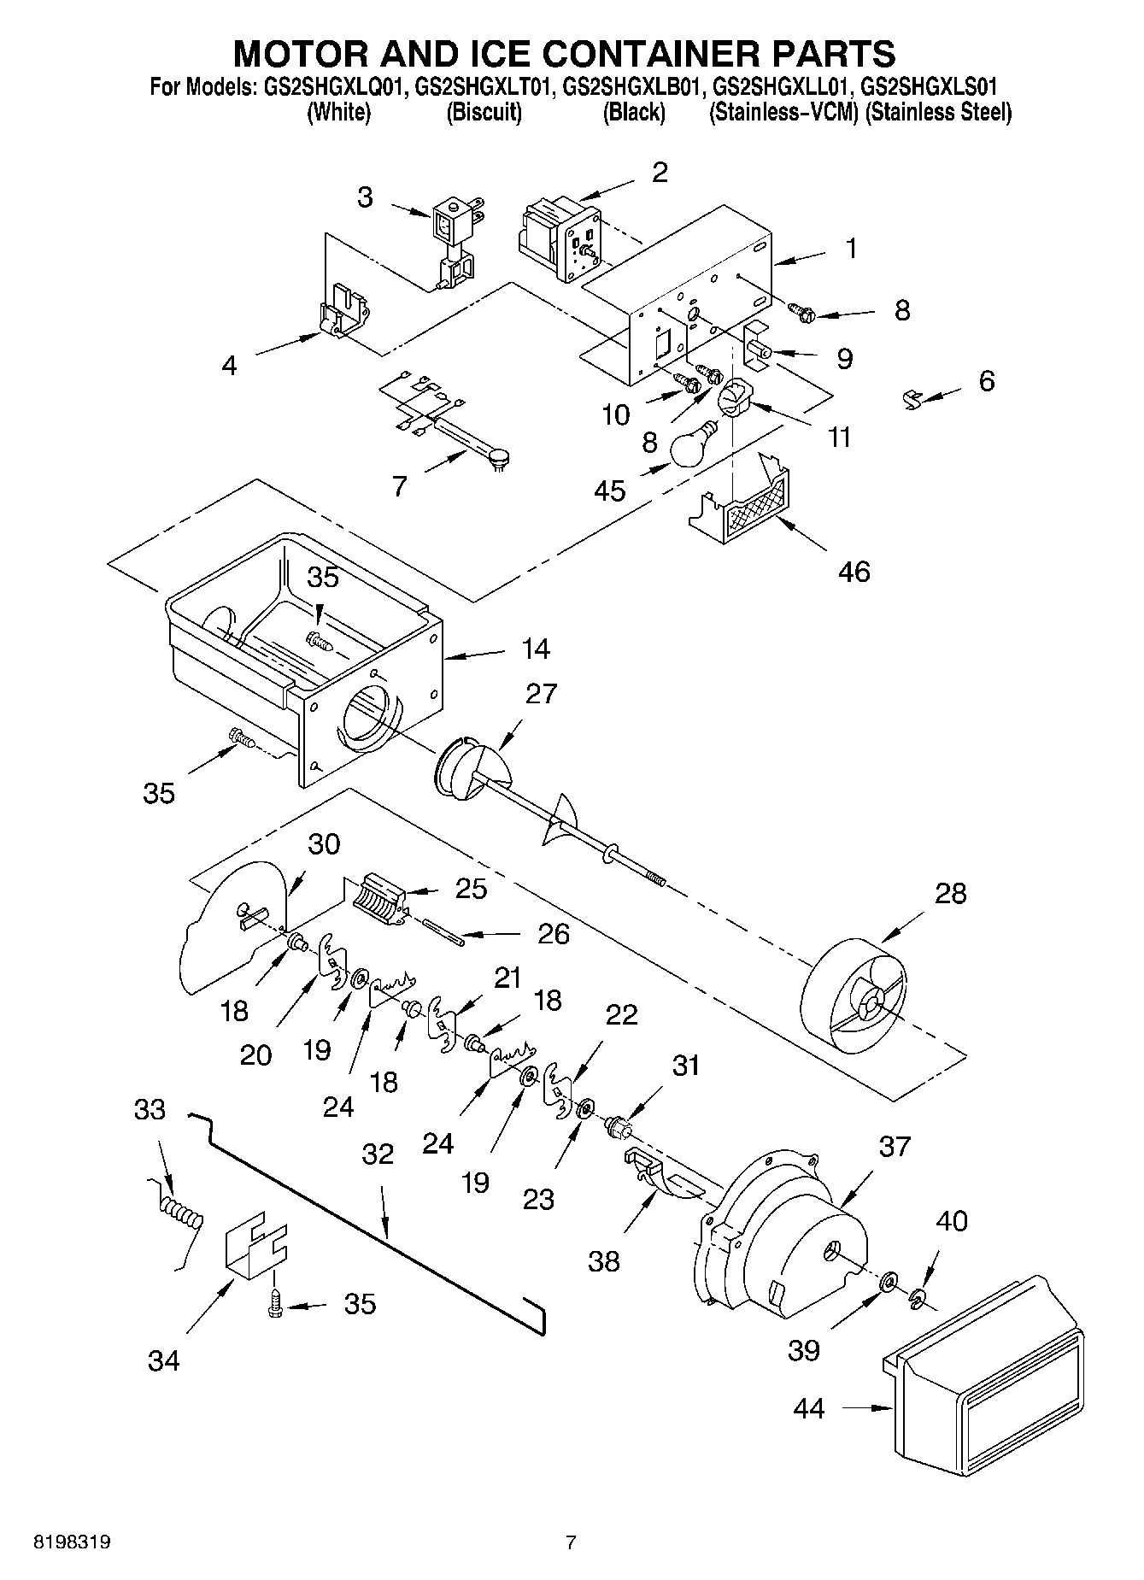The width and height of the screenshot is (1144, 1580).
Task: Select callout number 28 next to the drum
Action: point(950,894)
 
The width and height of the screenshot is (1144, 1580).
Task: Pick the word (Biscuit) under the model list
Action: point(484,113)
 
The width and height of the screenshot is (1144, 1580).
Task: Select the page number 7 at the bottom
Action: point(571,1542)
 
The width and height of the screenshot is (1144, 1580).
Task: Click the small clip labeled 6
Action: point(912,396)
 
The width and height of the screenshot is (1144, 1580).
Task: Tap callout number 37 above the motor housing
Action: point(895,1146)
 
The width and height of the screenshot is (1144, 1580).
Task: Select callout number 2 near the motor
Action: point(659,173)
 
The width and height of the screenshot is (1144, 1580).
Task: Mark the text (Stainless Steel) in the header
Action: point(938,113)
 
